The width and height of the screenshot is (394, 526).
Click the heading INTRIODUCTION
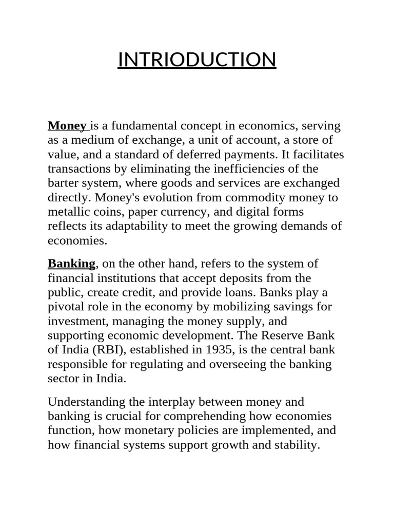point(197,60)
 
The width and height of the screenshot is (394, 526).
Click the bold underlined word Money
point(67,126)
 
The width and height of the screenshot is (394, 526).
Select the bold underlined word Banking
point(71,264)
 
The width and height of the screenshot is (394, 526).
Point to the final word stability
point(297,445)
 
